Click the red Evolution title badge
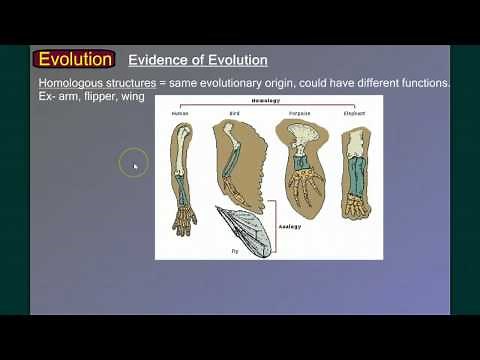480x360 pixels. point(74,59)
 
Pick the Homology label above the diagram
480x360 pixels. point(266,101)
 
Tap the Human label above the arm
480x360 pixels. point(180,113)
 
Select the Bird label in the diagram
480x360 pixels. point(235,113)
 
